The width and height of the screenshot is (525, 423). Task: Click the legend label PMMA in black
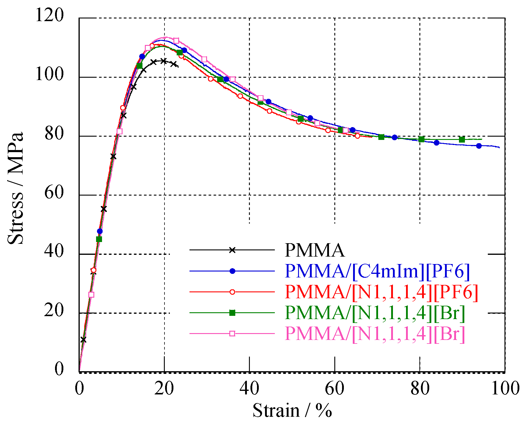[x=314, y=250]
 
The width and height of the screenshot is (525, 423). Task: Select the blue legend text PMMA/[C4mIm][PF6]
[x=377, y=271]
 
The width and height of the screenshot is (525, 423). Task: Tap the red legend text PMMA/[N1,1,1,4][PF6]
[x=381, y=292]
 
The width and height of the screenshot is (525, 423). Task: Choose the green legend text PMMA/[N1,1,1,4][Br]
[x=375, y=313]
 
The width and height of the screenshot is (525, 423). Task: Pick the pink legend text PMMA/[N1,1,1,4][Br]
[x=375, y=333]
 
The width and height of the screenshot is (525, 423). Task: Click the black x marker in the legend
[x=232, y=250]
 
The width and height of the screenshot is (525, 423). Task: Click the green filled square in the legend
[x=232, y=313]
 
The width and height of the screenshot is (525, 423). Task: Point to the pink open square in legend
[x=232, y=333]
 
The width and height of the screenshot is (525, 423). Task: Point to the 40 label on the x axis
[x=249, y=388]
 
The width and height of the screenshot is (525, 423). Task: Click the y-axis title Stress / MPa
[x=15, y=188]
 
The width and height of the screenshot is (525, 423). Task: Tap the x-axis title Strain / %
[x=292, y=411]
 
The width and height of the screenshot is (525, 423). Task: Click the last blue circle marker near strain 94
[x=479, y=146]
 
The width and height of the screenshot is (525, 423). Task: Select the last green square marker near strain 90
[x=462, y=140]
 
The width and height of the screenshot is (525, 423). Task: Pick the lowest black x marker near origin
[x=83, y=340]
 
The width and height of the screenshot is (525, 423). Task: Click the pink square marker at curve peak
[x=176, y=41]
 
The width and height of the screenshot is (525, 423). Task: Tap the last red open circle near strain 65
[x=357, y=136]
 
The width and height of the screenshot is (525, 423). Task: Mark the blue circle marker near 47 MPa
[x=100, y=231]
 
